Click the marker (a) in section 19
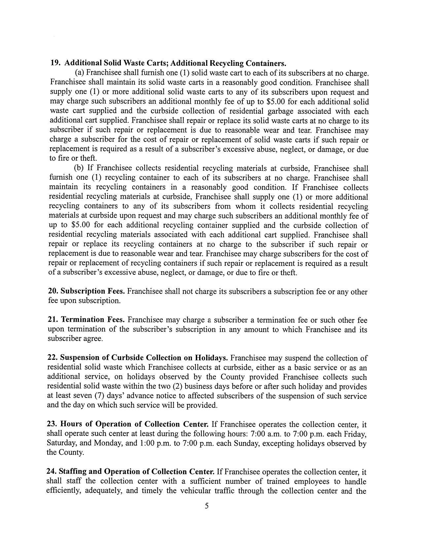click(x=80, y=73)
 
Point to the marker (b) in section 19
click(x=80, y=168)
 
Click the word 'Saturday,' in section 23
click(x=62, y=443)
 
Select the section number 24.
click(x=52, y=471)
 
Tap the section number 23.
click(x=52, y=424)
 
